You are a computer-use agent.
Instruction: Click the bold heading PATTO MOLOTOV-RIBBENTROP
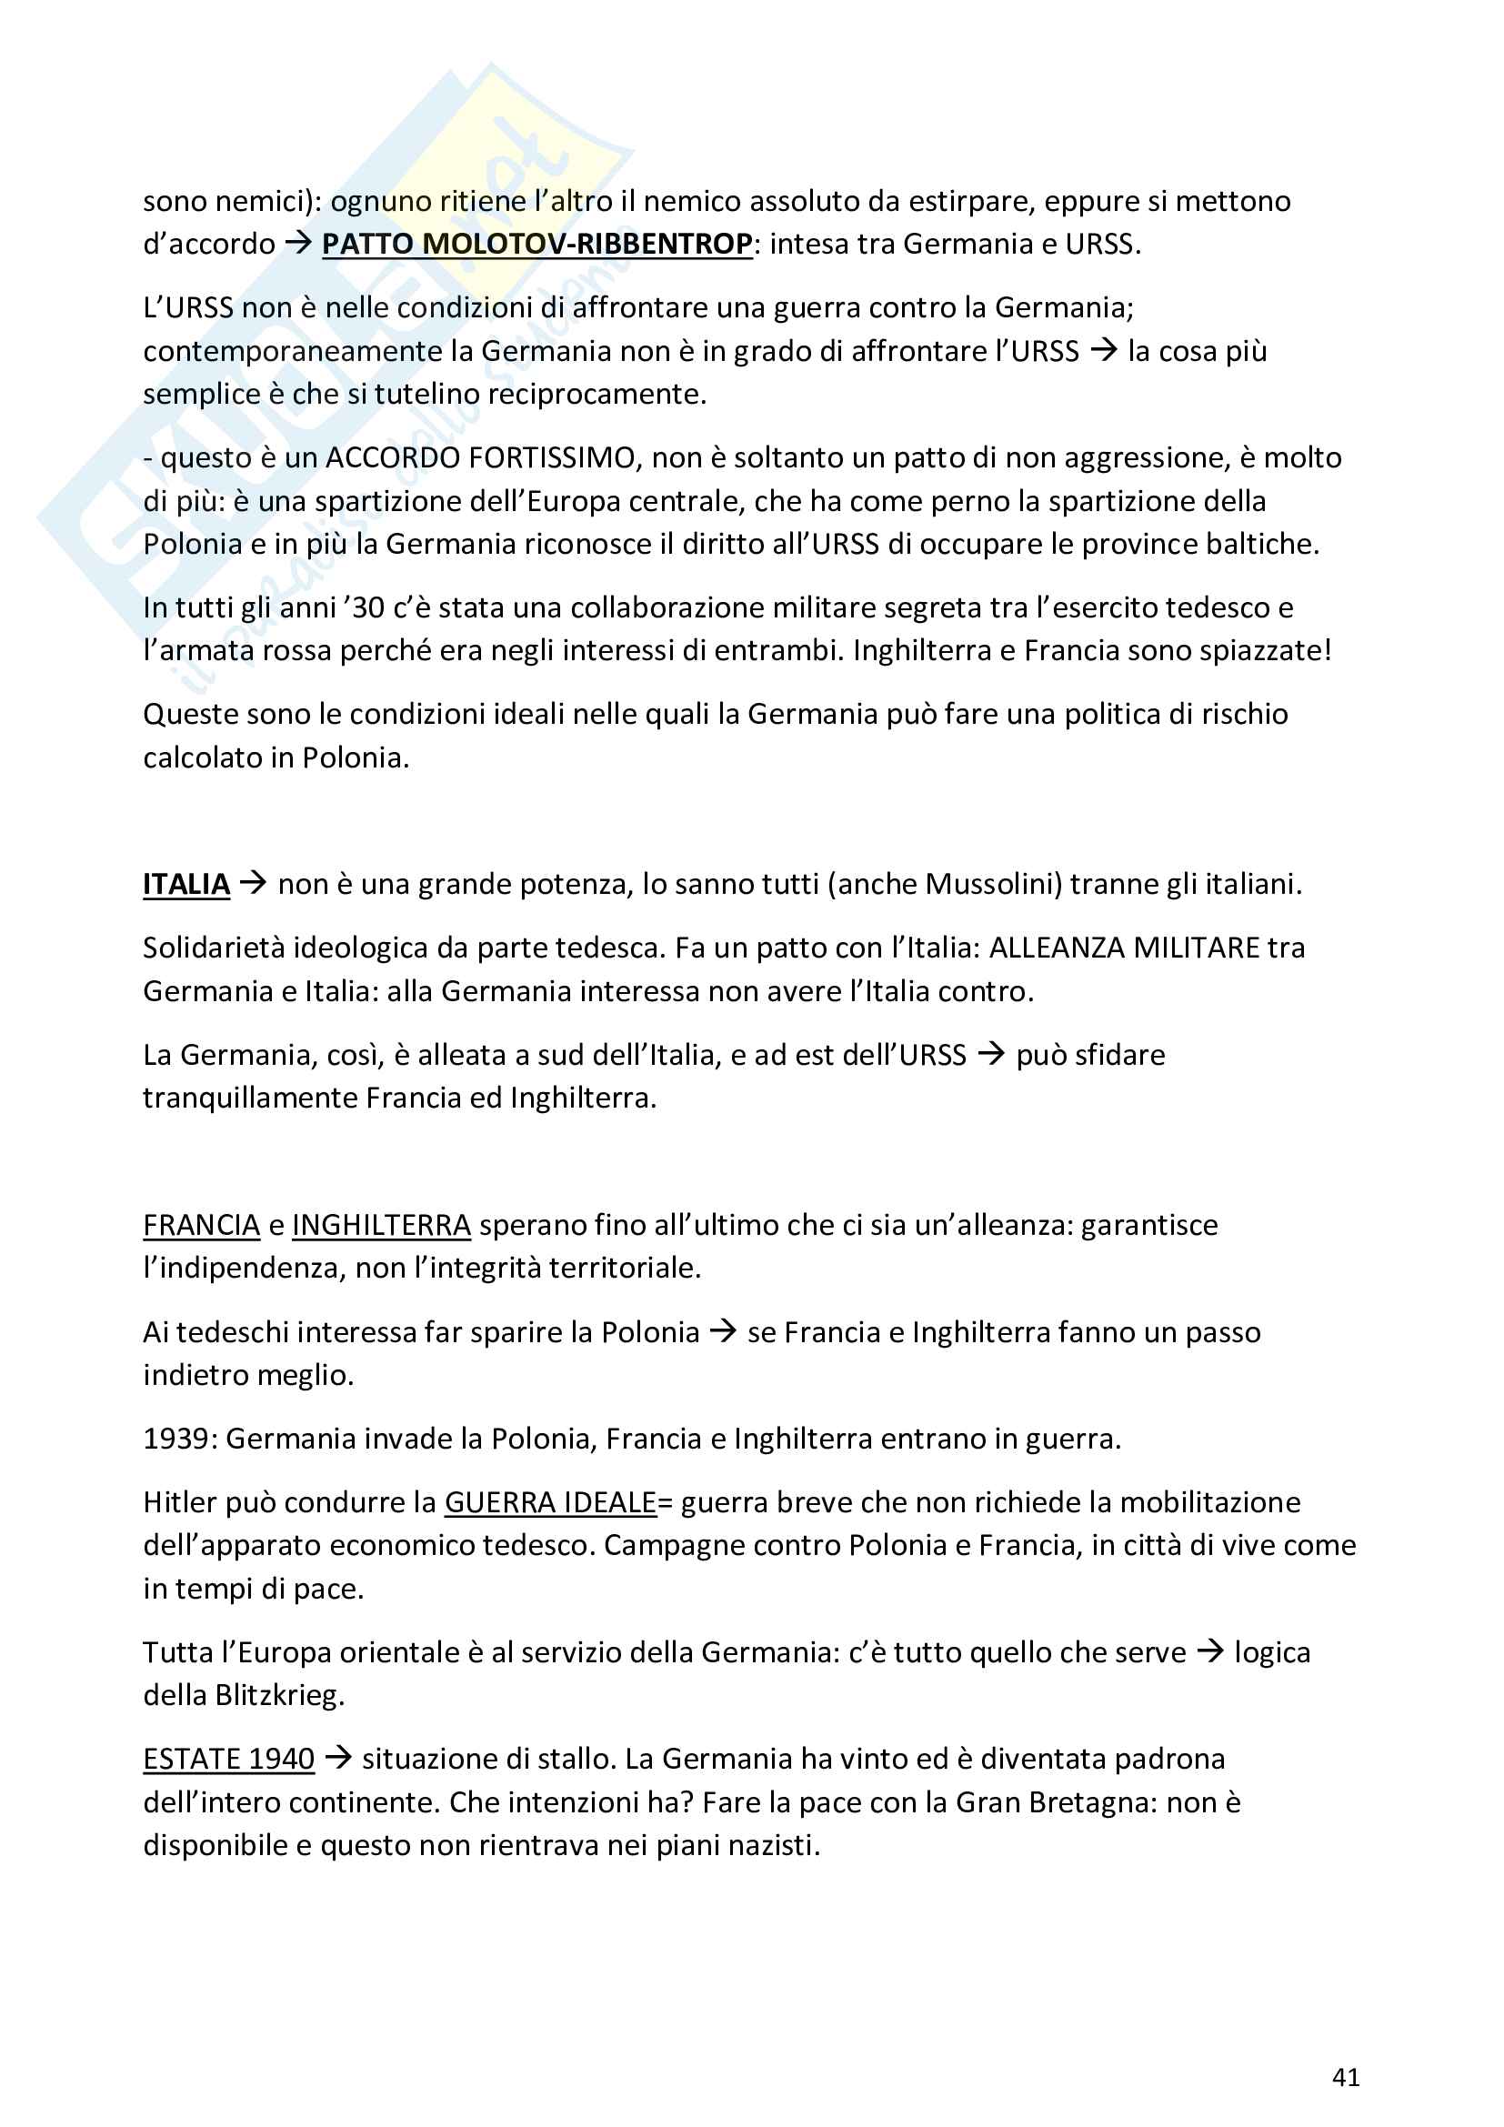click(x=536, y=244)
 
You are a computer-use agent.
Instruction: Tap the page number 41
click(x=1346, y=2077)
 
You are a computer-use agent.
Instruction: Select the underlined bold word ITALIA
click(x=186, y=884)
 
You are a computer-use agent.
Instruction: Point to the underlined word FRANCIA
click(x=201, y=1225)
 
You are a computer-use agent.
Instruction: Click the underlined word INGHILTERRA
click(x=382, y=1225)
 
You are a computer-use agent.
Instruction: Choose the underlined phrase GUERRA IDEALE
click(x=550, y=1501)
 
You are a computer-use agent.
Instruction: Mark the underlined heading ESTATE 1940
click(x=229, y=1759)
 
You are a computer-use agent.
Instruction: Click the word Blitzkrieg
click(x=279, y=1694)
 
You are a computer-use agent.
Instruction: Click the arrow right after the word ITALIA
click(x=253, y=883)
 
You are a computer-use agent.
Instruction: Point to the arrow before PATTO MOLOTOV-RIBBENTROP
click(x=298, y=243)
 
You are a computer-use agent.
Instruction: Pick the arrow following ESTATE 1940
click(x=339, y=1758)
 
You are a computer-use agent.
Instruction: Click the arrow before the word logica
click(x=1209, y=1650)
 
